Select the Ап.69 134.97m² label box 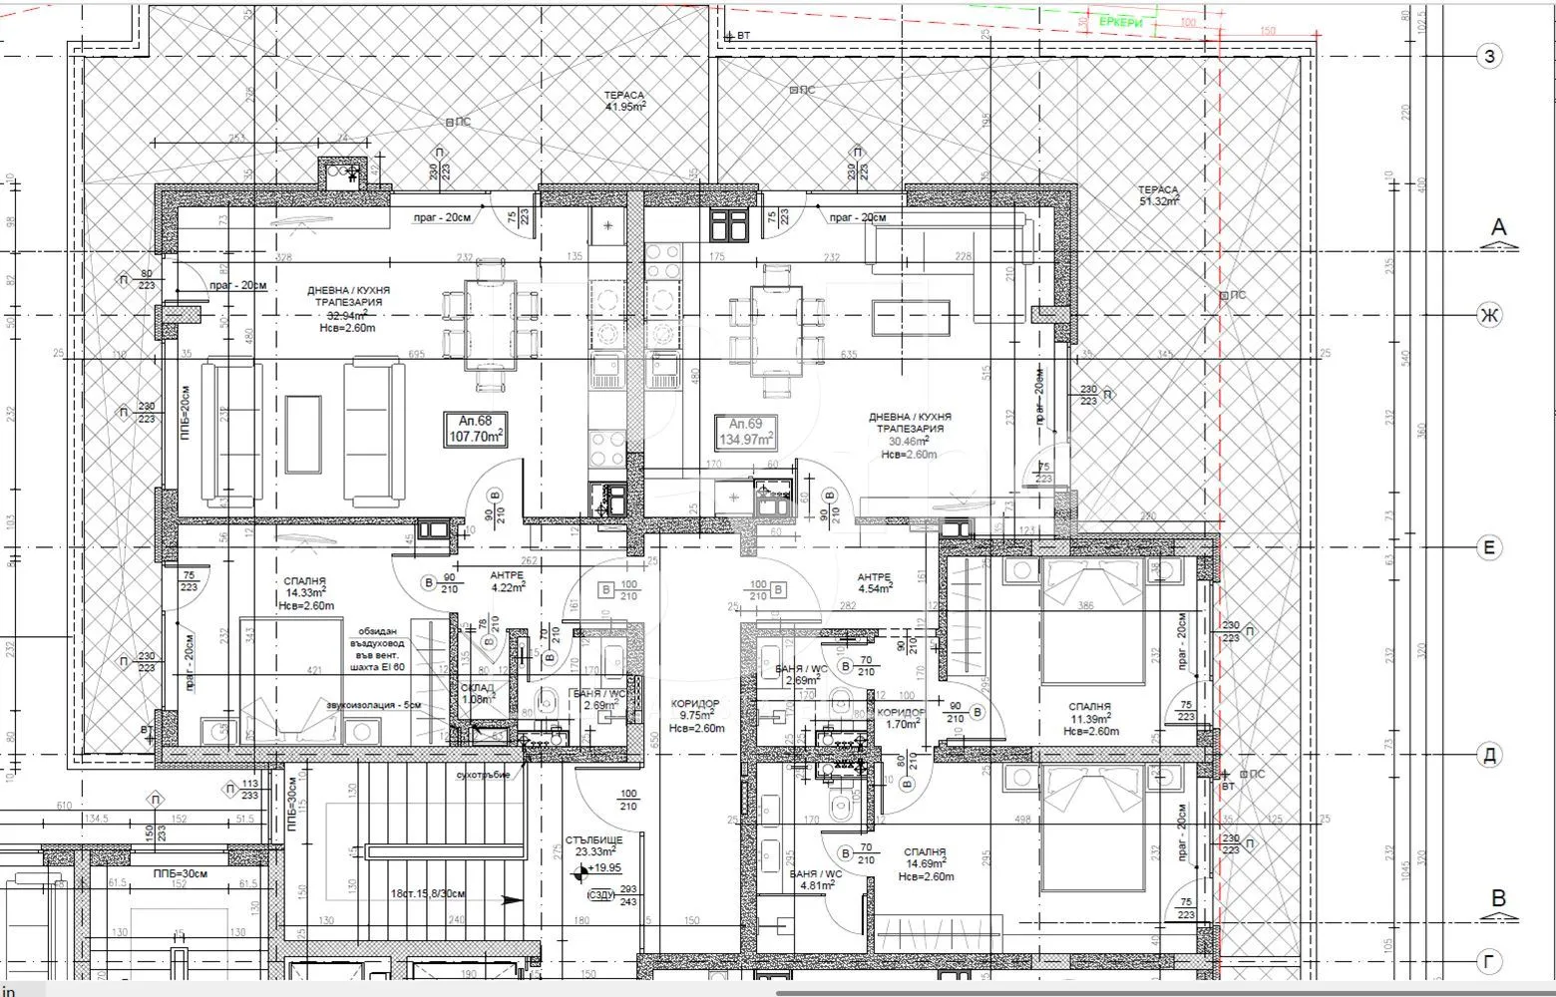(747, 431)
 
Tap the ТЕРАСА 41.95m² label (624, 101)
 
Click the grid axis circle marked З (1489, 56)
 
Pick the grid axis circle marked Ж (1489, 316)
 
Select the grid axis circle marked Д (1489, 756)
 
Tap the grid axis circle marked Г (1489, 962)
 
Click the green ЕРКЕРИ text (1121, 22)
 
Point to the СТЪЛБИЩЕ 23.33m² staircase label (594, 844)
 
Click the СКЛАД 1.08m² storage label (478, 694)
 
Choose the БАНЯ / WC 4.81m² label (815, 878)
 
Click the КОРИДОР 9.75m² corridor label (696, 714)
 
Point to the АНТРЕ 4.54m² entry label (873, 582)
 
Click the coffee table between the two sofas (303, 434)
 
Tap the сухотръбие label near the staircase (483, 775)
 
